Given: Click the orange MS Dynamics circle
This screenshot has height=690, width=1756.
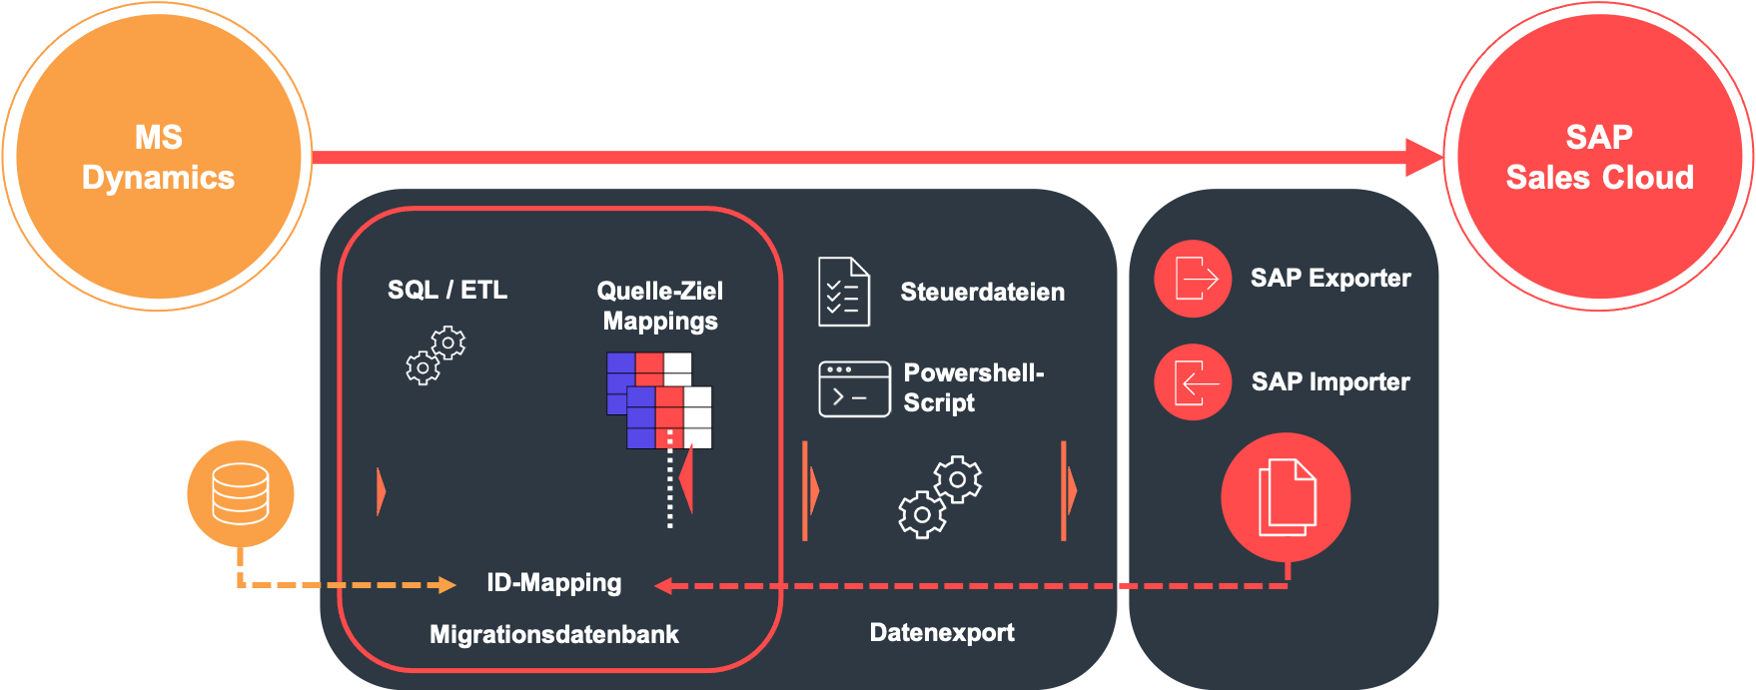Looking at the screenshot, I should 158,157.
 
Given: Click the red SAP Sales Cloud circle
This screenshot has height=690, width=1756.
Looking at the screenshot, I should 1598,157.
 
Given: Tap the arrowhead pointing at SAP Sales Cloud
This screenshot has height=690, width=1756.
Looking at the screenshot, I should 1424,158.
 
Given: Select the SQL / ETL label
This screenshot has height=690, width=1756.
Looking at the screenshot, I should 447,290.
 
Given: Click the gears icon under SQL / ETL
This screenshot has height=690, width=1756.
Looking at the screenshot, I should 436,355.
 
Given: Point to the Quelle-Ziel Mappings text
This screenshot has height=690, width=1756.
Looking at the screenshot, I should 659,306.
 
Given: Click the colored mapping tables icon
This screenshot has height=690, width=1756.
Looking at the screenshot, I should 659,399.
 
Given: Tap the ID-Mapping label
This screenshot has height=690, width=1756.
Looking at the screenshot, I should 553,582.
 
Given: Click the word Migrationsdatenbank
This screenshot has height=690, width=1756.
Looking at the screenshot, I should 553,634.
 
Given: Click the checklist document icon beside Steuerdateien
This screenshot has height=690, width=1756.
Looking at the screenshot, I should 844,292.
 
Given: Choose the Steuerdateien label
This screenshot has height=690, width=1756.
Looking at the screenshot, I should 982,292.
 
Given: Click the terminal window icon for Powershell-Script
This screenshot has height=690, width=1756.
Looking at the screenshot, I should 854,388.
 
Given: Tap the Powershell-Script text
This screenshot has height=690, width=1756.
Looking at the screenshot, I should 972,387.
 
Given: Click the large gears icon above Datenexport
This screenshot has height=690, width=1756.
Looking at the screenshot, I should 940,496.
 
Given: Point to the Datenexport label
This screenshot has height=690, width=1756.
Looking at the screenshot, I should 942,632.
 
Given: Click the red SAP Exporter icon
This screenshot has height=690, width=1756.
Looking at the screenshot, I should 1193,279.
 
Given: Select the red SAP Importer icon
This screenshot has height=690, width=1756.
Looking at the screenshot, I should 1193,382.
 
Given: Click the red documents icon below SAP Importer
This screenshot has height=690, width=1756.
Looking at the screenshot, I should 1286,497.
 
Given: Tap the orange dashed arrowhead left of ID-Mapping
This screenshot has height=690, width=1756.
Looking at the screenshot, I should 447,585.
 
